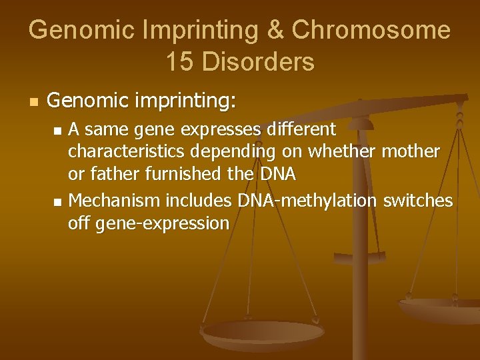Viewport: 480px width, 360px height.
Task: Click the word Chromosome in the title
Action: [x=371, y=30]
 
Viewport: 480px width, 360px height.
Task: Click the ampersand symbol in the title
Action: [x=276, y=30]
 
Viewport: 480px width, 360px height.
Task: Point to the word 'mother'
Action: [x=411, y=151]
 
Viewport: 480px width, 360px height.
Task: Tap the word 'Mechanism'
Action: [x=115, y=200]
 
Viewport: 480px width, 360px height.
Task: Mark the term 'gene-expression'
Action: [x=162, y=223]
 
